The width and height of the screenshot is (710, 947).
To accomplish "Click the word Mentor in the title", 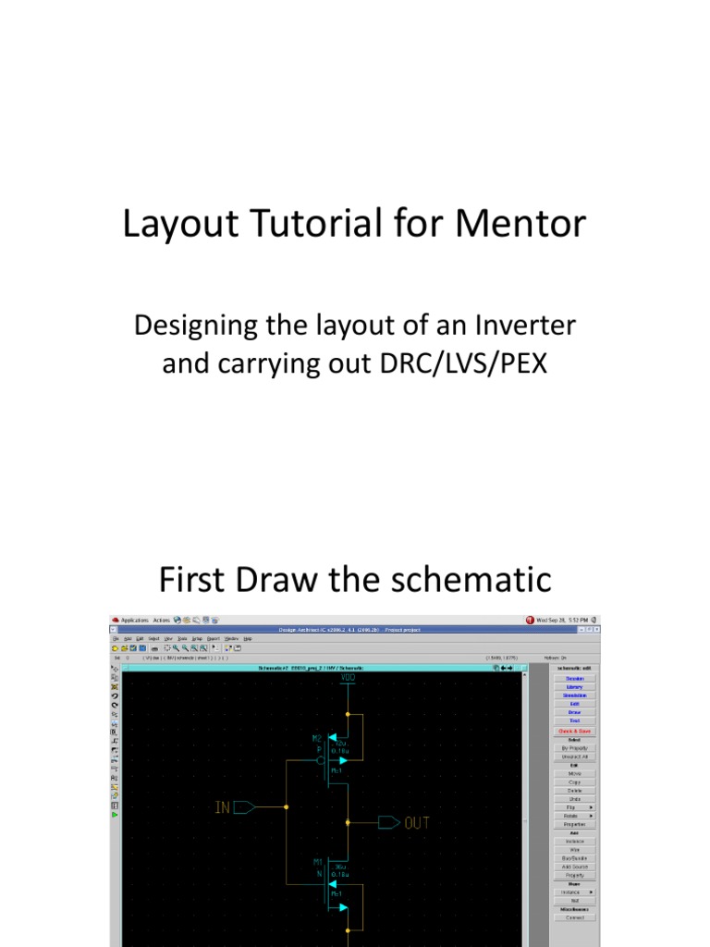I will click(521, 225).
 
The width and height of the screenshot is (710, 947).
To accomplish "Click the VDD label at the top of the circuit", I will click(347, 678).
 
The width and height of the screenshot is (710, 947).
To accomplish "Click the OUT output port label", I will click(417, 822).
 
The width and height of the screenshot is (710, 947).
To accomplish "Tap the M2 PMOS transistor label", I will click(317, 739).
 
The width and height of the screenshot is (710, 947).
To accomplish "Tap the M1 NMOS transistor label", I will click(317, 862).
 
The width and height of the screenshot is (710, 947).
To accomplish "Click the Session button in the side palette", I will click(575, 678).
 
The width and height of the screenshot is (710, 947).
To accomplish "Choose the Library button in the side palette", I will click(575, 687).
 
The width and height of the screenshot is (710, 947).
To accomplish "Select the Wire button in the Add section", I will click(575, 849).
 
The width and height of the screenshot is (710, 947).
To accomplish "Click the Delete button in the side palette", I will click(575, 791).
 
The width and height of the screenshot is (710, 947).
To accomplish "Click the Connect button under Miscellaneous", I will click(575, 917).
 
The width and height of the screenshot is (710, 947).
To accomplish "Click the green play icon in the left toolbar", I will click(115, 815).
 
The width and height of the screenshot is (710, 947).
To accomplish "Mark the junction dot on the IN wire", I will click(286, 807).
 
